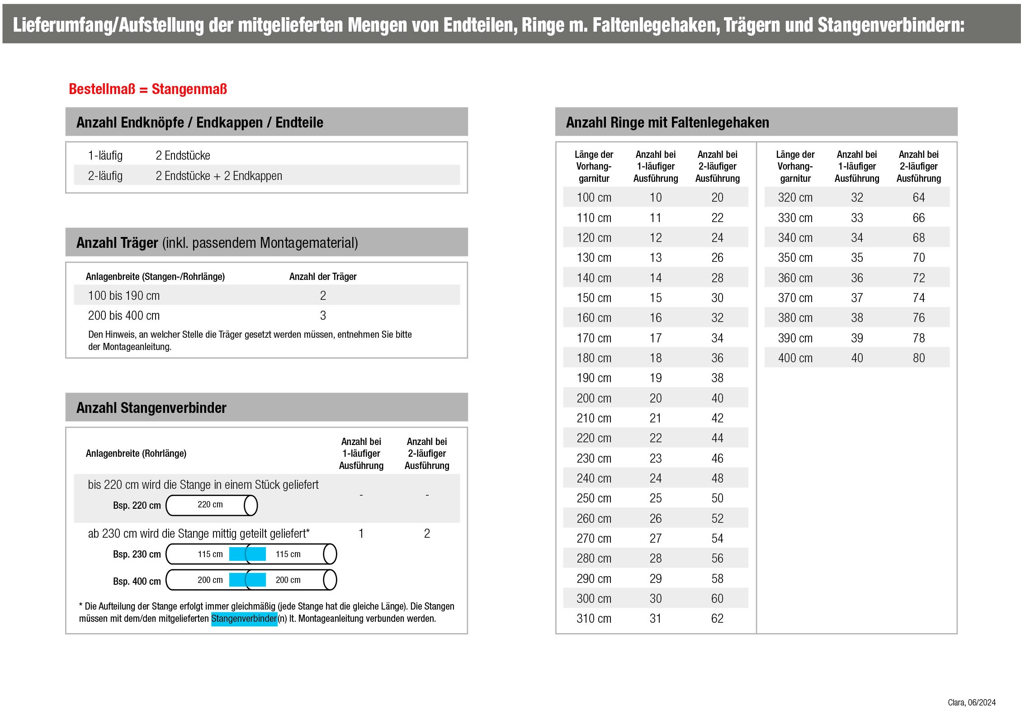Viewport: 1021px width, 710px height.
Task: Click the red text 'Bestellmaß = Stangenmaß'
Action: click(147, 89)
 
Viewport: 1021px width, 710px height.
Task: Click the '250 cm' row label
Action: click(594, 498)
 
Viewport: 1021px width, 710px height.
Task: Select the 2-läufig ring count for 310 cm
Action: click(717, 619)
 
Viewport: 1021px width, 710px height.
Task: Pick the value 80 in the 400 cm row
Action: click(918, 358)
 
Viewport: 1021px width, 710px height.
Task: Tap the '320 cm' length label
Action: click(795, 198)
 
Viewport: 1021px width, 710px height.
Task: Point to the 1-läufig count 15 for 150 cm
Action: click(655, 298)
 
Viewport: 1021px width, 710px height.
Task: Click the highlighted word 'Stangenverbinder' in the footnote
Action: click(244, 619)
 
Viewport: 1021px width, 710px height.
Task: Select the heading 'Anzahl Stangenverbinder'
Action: click(151, 408)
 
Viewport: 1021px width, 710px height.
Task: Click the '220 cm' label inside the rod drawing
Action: click(210, 505)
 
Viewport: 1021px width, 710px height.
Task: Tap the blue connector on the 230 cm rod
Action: click(247, 554)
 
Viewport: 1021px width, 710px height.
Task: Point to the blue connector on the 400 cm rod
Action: click(247, 580)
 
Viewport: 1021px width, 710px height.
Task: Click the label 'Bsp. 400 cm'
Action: click(137, 581)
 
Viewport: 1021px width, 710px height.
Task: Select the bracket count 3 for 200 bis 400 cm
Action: click(323, 316)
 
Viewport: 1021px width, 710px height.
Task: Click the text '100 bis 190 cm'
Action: click(123, 296)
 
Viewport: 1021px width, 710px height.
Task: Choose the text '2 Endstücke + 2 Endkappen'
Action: click(219, 176)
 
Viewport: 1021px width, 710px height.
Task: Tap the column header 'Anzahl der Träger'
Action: click(323, 277)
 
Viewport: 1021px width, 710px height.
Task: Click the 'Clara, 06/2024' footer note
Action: click(971, 702)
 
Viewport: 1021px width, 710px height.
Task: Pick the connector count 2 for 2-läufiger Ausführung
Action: click(426, 534)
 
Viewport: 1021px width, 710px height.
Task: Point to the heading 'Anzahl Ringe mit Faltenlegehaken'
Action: click(667, 123)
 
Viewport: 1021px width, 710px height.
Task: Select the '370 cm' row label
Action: click(795, 298)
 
